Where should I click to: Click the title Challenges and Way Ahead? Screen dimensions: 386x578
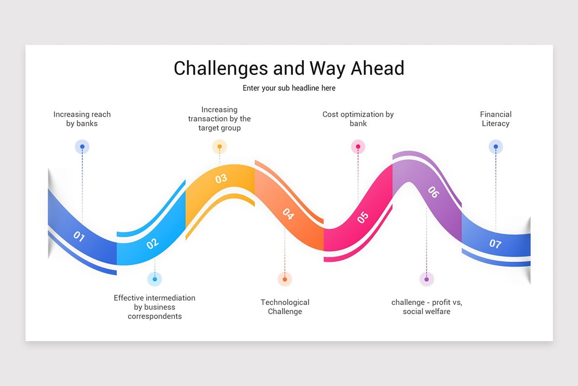[289, 68]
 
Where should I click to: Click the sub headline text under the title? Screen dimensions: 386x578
[289, 88]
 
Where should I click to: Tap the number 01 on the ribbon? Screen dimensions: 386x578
[79, 236]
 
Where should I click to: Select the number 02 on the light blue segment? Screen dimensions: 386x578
[153, 244]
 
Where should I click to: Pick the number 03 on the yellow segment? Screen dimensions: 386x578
[221, 179]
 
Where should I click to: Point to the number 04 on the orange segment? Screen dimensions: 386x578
[288, 214]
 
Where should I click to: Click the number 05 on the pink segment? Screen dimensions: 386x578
[363, 218]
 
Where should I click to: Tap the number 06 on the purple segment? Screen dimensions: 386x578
[433, 192]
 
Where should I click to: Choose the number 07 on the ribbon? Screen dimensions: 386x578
[495, 244]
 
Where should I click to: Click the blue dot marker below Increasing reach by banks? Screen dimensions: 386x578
[82, 147]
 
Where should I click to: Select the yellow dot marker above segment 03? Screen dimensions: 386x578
[220, 147]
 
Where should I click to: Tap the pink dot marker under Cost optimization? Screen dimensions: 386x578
[358, 147]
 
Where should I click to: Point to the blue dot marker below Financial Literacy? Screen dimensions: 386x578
[496, 147]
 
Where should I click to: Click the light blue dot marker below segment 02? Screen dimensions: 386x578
[155, 279]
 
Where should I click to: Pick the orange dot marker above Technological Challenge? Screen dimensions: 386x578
[285, 279]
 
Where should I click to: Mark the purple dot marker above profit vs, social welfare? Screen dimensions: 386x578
[426, 279]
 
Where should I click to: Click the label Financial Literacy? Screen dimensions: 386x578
[496, 119]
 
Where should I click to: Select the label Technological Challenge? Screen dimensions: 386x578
[285, 307]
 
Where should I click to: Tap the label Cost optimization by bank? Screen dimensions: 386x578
[358, 119]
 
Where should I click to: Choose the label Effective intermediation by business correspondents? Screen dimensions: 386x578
[155, 307]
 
